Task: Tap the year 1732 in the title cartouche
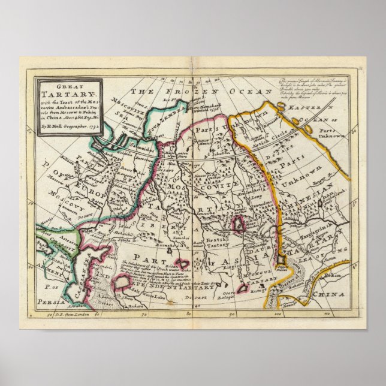pos(91,126)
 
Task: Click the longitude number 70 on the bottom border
pos(143,313)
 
